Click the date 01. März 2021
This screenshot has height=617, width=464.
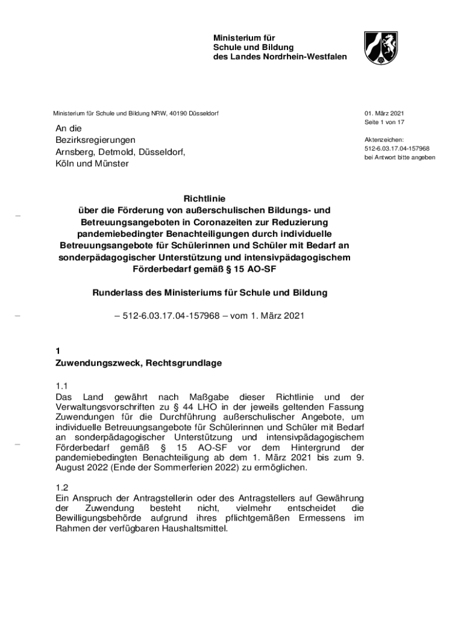[x=383, y=113]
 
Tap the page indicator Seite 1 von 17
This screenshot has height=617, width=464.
[x=384, y=122]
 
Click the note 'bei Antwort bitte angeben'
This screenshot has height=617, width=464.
[x=399, y=158]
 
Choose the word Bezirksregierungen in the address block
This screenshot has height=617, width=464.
[x=95, y=140]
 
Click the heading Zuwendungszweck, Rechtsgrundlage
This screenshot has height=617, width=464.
[x=139, y=363]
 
